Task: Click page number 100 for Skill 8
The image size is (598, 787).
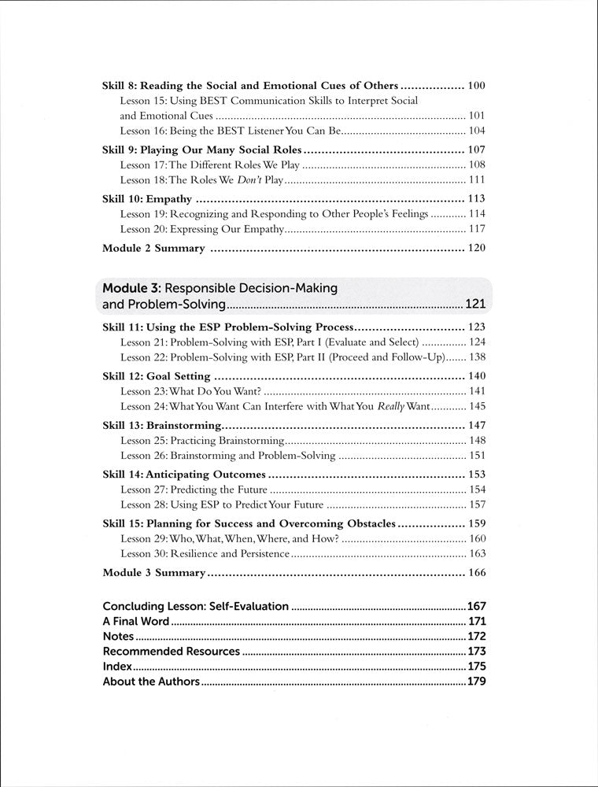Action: click(x=476, y=85)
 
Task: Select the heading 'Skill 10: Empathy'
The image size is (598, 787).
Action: click(x=147, y=198)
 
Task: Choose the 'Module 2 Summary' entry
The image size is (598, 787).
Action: click(x=153, y=248)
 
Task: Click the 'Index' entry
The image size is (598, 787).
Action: click(x=117, y=666)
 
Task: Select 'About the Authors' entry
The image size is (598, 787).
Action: click(x=151, y=682)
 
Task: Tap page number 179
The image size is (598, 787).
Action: click(x=476, y=682)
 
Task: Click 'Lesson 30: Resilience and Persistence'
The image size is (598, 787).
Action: click(x=205, y=554)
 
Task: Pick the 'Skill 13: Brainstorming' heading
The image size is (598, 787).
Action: click(x=161, y=426)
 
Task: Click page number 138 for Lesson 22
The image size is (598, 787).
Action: click(x=476, y=357)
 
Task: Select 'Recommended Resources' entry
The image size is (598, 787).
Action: click(x=172, y=651)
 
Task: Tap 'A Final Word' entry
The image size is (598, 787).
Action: click(x=136, y=621)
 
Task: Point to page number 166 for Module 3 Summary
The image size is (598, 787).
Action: click(x=476, y=572)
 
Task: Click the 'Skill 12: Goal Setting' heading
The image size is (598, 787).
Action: click(x=157, y=376)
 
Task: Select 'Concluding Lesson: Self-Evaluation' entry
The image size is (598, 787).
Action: click(x=197, y=606)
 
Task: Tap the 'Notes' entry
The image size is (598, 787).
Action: click(x=119, y=636)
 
